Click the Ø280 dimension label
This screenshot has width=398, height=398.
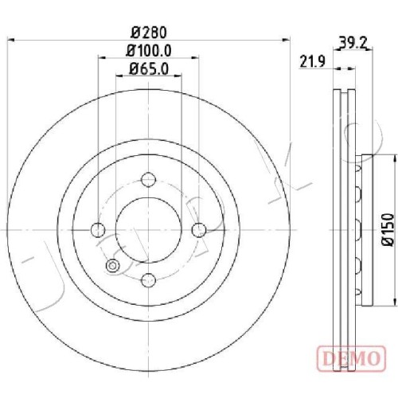pyautogui.click(x=149, y=33)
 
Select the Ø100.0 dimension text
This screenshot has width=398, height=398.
pyautogui.click(x=149, y=50)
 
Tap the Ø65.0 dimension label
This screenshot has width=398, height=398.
pyautogui.click(x=149, y=69)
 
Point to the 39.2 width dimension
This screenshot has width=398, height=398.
pyautogui.click(x=353, y=42)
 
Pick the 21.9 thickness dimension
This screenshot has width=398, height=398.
pyautogui.click(x=312, y=62)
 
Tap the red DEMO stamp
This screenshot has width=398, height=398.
pyautogui.click(x=351, y=359)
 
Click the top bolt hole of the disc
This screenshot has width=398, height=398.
pyautogui.click(x=148, y=180)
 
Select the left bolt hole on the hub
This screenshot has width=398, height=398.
pyautogui.click(x=98, y=230)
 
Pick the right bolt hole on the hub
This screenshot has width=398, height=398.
pyautogui.click(x=199, y=230)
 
